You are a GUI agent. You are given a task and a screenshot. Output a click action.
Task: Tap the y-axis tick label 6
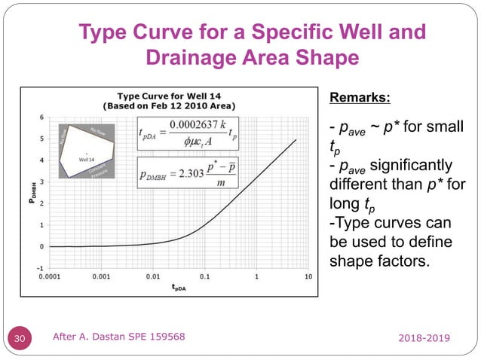(42, 117)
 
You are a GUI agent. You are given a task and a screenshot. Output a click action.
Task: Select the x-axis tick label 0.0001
(51, 277)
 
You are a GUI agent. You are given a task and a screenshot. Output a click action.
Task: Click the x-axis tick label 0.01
(153, 277)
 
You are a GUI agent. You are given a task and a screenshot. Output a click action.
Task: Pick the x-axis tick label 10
(308, 277)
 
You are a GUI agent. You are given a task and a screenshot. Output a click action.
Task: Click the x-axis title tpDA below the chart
(179, 287)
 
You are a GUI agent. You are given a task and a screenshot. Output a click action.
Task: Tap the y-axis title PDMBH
(32, 193)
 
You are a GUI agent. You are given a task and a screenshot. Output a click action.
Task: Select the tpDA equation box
(188, 135)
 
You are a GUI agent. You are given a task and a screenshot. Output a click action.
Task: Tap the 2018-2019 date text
(425, 340)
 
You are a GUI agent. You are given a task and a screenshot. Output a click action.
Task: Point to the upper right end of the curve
(296, 139)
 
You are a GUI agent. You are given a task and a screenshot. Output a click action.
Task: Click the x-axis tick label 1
(256, 277)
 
